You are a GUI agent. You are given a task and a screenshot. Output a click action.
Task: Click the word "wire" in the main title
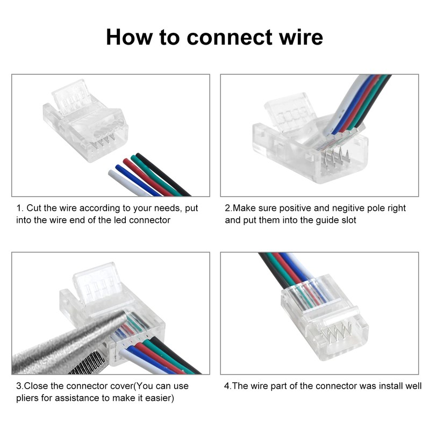coord(301,37)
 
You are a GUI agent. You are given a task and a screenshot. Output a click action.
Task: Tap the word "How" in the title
coord(129,37)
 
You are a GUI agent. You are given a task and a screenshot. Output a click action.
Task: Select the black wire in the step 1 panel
coord(163,174)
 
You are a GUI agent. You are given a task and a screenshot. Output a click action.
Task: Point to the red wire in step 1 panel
coord(147,177)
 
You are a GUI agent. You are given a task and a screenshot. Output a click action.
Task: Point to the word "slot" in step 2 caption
coord(348,220)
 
